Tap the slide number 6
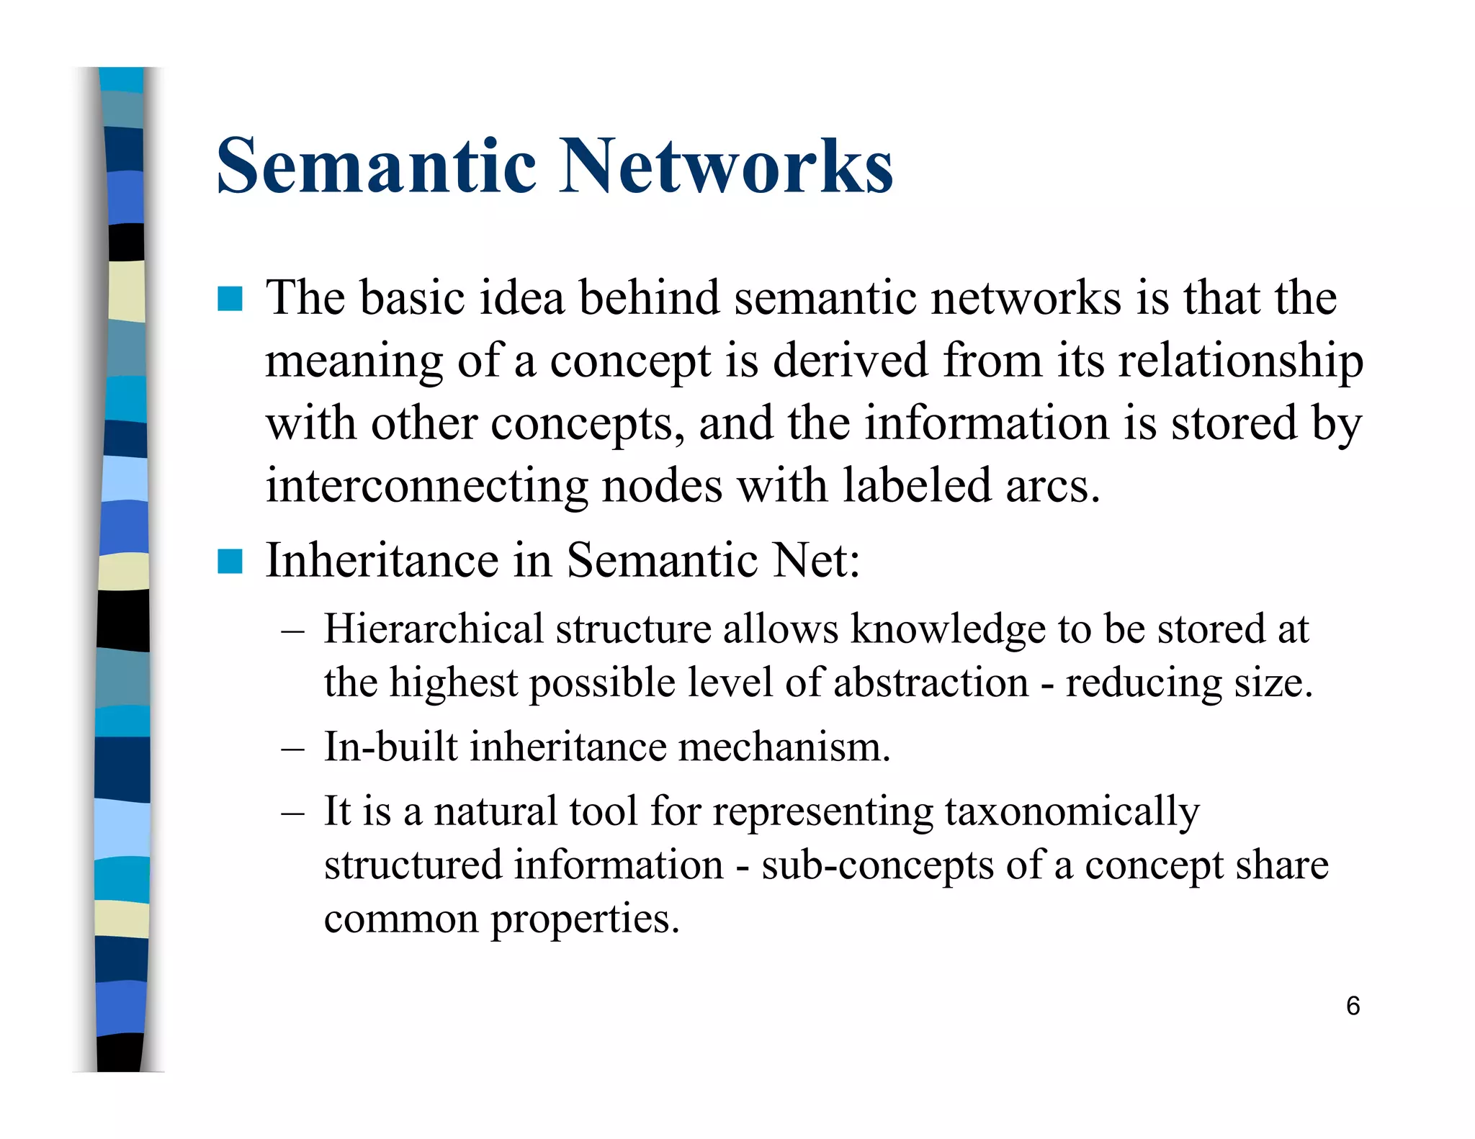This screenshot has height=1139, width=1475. tap(1353, 1006)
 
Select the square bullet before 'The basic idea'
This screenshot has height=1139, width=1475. tap(230, 299)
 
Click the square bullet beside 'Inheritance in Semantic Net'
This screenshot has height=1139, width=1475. tap(230, 562)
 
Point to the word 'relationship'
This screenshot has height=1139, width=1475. tap(1240, 361)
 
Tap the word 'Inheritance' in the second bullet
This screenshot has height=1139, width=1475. tap(382, 561)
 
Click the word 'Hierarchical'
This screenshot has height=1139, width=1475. tap(434, 629)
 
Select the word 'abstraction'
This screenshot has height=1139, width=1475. tap(931, 683)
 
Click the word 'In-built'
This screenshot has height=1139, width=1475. tap(390, 747)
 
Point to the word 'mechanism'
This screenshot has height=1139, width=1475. tap(784, 747)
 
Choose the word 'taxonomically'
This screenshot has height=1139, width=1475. tap(1072, 812)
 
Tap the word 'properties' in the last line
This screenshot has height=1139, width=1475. tap(585, 919)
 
